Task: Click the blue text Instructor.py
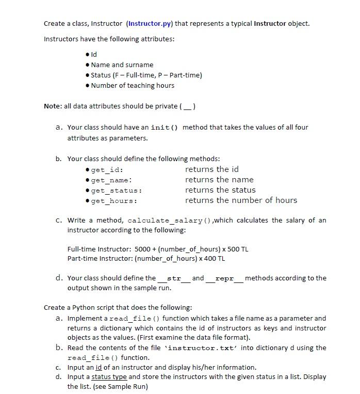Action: coord(150,24)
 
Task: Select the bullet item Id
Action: coord(94,54)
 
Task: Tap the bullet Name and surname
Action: coord(122,65)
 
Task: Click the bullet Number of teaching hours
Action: coord(133,85)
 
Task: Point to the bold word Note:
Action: coord(53,106)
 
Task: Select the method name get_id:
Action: coord(107,170)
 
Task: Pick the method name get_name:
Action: coord(111,180)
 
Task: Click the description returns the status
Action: coord(220,190)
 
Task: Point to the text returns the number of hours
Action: coord(241,200)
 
